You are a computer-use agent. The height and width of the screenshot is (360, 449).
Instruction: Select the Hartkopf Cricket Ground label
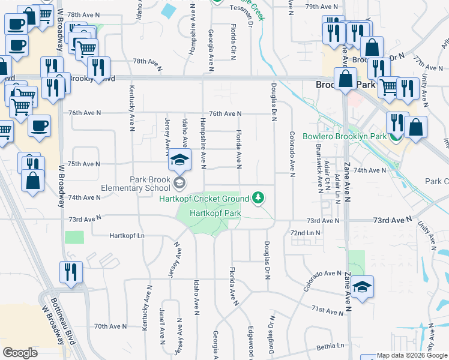pos(203,199)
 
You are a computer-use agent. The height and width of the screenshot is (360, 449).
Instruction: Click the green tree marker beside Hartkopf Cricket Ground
pos(258,197)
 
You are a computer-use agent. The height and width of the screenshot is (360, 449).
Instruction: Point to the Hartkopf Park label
pos(215,212)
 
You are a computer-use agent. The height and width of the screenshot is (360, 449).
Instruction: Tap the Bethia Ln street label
pos(332,346)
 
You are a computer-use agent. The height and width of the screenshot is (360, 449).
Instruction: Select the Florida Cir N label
pos(232,42)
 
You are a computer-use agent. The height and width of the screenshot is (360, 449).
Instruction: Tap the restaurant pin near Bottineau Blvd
pos(70,272)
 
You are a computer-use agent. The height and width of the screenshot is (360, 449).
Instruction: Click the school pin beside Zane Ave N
pos(363,287)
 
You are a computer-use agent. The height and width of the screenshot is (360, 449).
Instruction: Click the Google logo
pos(20,353)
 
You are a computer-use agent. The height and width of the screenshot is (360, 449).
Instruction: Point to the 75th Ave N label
pos(83,164)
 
